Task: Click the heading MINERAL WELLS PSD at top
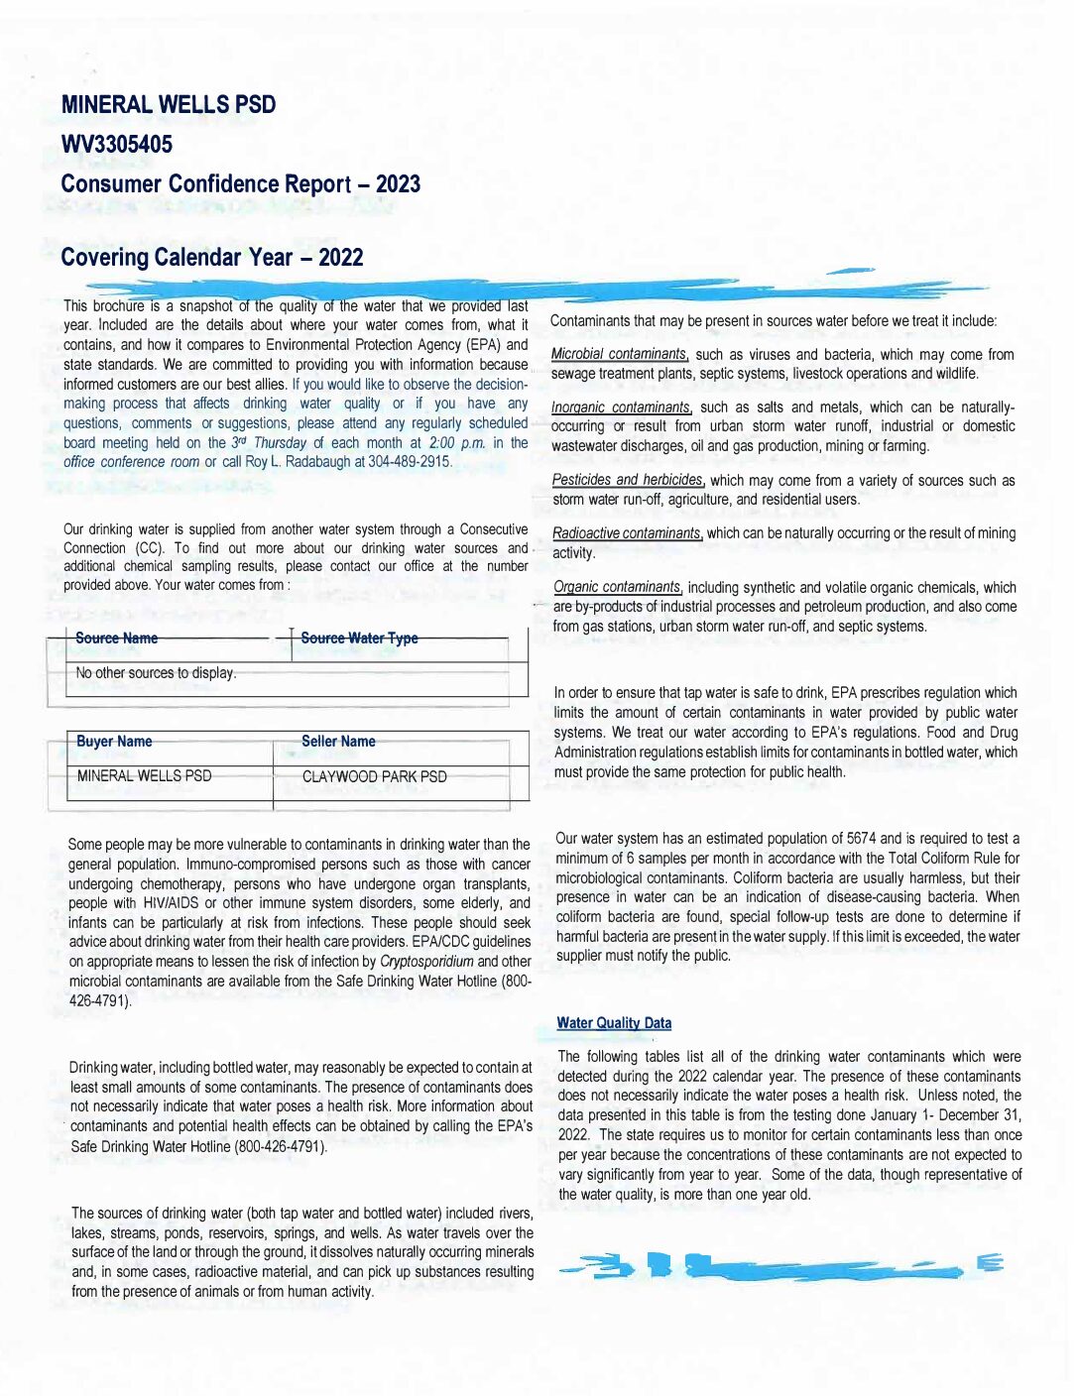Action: (x=169, y=105)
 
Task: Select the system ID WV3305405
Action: (x=116, y=145)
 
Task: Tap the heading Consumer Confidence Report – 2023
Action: (x=240, y=184)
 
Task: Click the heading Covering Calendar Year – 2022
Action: (x=211, y=258)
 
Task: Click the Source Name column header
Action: (x=117, y=639)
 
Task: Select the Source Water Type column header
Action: (x=359, y=639)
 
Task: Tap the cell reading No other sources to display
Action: (x=156, y=673)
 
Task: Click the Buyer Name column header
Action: (x=114, y=742)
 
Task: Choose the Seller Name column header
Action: (x=338, y=742)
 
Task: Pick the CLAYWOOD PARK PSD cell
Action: (x=374, y=777)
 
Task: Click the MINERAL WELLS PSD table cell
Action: (x=145, y=776)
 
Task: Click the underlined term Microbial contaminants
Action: (x=620, y=355)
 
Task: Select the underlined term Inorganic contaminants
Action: (x=622, y=407)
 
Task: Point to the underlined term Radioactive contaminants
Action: (x=628, y=533)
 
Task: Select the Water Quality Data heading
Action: (x=614, y=1023)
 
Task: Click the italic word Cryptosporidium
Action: (x=426, y=962)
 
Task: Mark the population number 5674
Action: (x=861, y=839)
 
